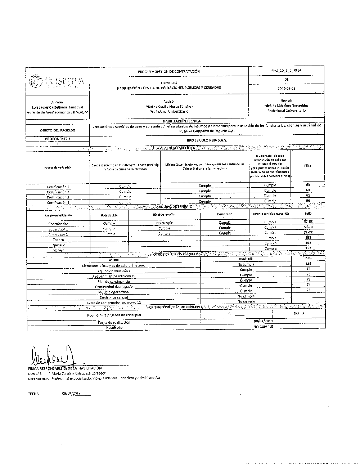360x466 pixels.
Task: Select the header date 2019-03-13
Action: point(286,88)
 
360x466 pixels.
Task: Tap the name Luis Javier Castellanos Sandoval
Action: point(58,107)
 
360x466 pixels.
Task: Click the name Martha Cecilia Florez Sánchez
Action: point(169,107)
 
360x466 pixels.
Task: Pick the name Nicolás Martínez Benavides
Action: point(286,106)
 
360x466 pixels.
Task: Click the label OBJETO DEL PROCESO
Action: point(58,130)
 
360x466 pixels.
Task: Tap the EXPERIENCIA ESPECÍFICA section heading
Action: point(175,148)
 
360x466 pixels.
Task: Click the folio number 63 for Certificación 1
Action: point(308,185)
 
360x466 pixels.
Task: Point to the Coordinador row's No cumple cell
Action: point(165,223)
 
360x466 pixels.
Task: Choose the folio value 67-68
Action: point(308,221)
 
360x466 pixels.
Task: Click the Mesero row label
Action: point(58,250)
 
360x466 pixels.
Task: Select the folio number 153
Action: point(308,264)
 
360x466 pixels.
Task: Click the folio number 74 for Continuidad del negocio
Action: point(308,284)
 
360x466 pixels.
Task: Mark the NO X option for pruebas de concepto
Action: point(301,313)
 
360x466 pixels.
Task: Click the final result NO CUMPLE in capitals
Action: point(263,327)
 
